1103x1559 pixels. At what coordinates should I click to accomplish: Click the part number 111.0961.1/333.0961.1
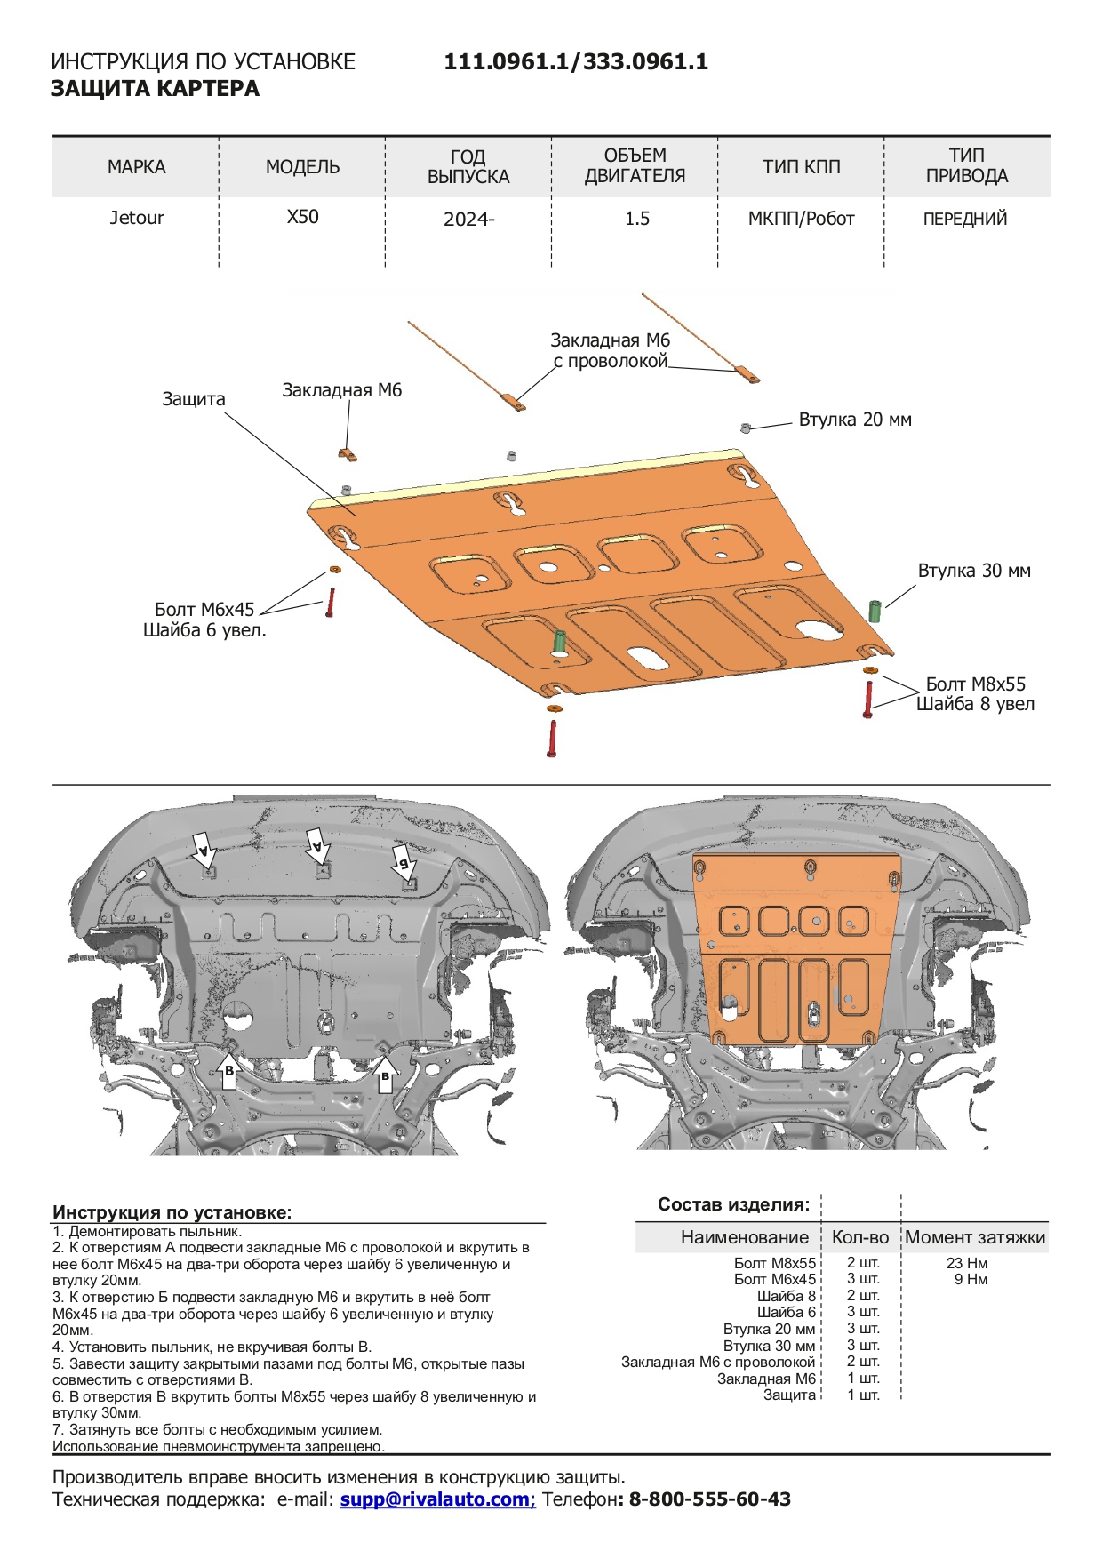coord(576,62)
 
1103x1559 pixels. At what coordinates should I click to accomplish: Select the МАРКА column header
coord(136,167)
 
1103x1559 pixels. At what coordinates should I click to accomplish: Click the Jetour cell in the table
coord(136,218)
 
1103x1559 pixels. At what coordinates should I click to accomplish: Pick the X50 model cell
coord(302,217)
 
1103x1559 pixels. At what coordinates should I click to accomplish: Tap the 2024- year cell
coord(468,220)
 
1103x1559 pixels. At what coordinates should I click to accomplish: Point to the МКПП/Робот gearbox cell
coord(801,219)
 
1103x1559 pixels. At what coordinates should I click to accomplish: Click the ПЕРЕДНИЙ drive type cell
coord(965,219)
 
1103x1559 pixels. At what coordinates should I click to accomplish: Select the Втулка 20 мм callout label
coord(855,420)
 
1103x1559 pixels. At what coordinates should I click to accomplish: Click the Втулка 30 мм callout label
coord(974,571)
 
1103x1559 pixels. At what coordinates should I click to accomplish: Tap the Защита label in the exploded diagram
coord(194,399)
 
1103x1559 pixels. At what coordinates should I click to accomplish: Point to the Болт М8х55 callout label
coord(975,684)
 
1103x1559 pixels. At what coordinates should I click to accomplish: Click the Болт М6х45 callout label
coord(204,610)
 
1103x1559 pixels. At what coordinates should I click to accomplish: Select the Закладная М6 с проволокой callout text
coord(610,351)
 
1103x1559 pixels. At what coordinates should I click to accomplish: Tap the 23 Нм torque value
coord(967,1263)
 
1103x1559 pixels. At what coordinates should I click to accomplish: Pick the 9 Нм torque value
coord(971,1280)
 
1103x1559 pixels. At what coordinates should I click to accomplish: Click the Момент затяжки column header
coord(975,1237)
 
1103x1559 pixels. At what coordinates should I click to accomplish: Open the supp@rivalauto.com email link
coord(436,1499)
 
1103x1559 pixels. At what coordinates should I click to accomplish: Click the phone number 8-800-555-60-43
coord(709,1499)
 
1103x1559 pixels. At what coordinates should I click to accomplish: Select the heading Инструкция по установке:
coord(172,1212)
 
